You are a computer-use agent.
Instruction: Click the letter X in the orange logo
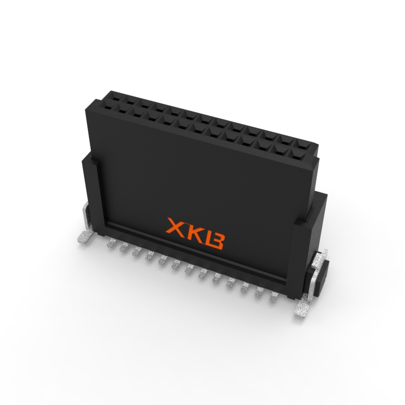click(x=176, y=226)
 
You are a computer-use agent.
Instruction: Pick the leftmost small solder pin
click(x=111, y=242)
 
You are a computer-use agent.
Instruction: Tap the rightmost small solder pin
click(x=274, y=296)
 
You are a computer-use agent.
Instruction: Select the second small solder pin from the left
click(x=124, y=247)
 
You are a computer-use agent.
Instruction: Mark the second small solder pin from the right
click(x=259, y=292)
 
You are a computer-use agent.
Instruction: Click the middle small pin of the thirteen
click(x=191, y=268)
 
